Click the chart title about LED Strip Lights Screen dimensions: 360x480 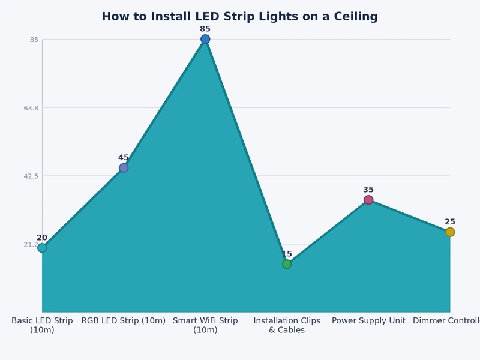[x=239, y=17]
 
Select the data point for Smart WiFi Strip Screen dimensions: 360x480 [x=205, y=39]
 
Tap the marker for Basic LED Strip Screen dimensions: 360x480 [x=42, y=248]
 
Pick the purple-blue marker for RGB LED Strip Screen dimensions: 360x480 [x=124, y=168]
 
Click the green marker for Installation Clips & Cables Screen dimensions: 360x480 [x=287, y=264]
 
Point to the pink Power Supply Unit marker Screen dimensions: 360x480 [x=368, y=200]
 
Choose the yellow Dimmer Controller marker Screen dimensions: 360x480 [x=450, y=232]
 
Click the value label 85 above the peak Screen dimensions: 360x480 [x=205, y=29]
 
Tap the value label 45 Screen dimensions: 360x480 [x=124, y=158]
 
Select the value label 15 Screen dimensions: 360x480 [x=287, y=254]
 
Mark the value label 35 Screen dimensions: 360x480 [x=368, y=190]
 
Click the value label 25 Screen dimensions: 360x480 [x=450, y=222]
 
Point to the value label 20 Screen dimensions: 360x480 [x=42, y=238]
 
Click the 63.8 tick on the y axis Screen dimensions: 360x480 [x=31, y=108]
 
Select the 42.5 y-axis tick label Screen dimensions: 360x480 [x=31, y=176]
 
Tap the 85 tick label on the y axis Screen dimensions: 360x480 [x=34, y=40]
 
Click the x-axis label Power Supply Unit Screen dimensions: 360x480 [x=368, y=321]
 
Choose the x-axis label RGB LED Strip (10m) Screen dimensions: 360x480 [x=124, y=321]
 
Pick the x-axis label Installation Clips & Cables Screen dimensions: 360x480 [x=287, y=325]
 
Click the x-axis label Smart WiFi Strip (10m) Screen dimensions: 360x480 [x=205, y=325]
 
